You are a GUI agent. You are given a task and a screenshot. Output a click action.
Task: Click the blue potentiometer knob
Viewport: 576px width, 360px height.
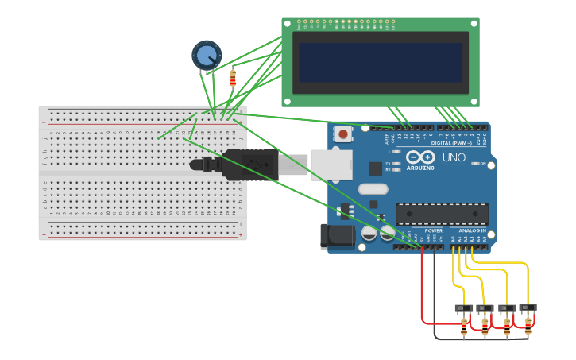click(x=207, y=56)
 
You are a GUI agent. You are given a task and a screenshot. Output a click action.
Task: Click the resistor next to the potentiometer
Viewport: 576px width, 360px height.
click(x=233, y=78)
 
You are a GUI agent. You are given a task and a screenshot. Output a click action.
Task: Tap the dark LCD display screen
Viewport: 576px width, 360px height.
click(x=380, y=63)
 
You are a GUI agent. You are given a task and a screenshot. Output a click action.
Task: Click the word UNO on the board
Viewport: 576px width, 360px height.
click(x=454, y=157)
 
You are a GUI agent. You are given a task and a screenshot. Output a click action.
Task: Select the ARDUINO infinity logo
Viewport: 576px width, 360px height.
click(x=420, y=157)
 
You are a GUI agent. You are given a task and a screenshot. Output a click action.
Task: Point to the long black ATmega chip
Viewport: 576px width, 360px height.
click(x=442, y=214)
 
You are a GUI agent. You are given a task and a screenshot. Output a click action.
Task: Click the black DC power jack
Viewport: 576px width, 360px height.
click(x=334, y=236)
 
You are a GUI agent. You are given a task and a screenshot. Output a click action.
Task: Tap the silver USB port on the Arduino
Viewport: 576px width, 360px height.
click(x=331, y=165)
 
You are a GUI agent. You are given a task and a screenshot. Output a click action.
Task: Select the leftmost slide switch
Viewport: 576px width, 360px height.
click(x=463, y=308)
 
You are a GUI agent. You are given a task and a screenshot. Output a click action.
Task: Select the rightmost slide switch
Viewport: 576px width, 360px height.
click(x=528, y=308)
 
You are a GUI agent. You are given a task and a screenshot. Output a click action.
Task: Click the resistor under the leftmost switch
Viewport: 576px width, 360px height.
click(x=464, y=327)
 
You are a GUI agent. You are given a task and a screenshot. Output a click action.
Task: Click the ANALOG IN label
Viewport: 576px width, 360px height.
click(x=472, y=230)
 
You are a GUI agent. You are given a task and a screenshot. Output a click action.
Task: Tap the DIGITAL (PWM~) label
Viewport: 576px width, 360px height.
click(x=450, y=143)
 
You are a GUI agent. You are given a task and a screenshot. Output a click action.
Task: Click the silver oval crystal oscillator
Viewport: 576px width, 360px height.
click(x=372, y=189)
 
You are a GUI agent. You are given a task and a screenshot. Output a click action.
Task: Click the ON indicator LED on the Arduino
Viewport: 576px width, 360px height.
click(x=474, y=164)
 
